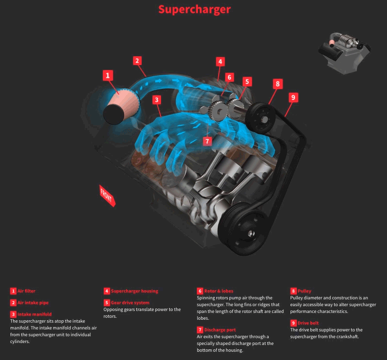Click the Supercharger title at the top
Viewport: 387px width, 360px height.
(x=194, y=9)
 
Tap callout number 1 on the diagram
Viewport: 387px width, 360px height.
(x=108, y=75)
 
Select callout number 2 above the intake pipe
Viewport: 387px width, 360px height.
(x=138, y=61)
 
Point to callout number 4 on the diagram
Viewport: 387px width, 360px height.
(x=220, y=62)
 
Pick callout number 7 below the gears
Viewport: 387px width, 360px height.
(x=207, y=141)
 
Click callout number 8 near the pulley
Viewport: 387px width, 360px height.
(x=277, y=83)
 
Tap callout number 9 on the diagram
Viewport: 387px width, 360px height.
(x=292, y=97)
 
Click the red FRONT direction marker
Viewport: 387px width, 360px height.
(x=107, y=195)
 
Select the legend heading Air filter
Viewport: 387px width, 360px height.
(x=26, y=291)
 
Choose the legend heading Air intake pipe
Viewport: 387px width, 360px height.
(x=32, y=303)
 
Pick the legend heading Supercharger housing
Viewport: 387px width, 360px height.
(x=134, y=291)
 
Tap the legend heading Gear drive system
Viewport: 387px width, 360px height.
(x=130, y=303)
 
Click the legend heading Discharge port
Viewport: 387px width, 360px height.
(x=221, y=330)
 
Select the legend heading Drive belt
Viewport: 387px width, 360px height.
(x=309, y=323)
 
